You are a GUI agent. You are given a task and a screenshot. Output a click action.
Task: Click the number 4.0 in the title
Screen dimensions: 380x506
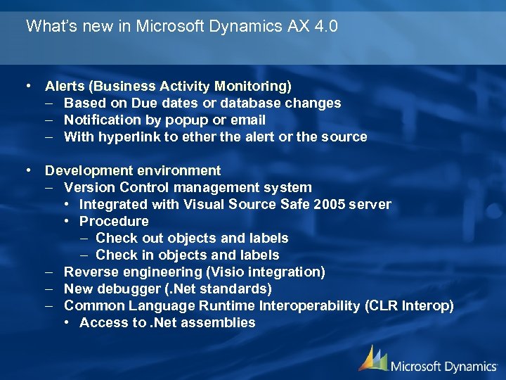pyautogui.click(x=323, y=27)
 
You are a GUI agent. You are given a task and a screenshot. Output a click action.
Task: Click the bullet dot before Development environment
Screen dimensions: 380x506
pyautogui.click(x=27, y=170)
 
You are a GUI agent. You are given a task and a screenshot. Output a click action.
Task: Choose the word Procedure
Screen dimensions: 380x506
pyautogui.click(x=114, y=221)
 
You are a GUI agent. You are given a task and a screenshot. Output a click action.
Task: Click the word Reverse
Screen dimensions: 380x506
pyautogui.click(x=89, y=272)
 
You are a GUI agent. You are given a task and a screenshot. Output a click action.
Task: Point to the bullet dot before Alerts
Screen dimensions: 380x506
pyautogui.click(x=27, y=86)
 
